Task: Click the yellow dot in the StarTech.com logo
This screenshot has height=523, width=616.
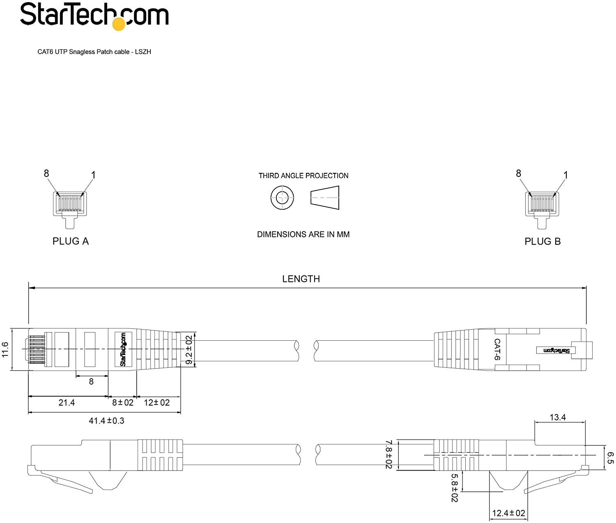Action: pos(119,24)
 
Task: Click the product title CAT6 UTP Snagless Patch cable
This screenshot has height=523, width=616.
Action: pos(83,52)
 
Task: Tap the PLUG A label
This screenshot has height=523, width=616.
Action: pos(71,241)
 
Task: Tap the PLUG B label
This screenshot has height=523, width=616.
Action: pos(542,241)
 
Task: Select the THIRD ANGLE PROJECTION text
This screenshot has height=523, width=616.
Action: pos(303,176)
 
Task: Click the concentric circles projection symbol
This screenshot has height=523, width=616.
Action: pos(282,198)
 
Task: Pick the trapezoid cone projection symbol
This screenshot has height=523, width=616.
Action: pos(325,198)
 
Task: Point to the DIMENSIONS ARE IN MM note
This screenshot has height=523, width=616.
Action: pos(303,234)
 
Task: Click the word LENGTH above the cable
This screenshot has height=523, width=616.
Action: pos(301,279)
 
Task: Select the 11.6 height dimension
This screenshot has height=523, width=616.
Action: pos(5,349)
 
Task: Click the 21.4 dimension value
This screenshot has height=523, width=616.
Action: pos(67,403)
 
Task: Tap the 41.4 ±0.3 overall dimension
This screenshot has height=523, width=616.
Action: pos(106,421)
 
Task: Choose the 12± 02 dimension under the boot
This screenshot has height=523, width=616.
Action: pos(157,403)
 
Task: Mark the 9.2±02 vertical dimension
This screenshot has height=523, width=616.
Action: pos(188,350)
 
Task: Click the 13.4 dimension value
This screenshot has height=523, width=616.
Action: pos(558,417)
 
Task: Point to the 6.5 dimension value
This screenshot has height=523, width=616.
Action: pos(610,458)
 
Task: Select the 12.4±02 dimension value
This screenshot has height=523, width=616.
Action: pos(508,513)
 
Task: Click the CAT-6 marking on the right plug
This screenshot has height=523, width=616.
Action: pos(497,349)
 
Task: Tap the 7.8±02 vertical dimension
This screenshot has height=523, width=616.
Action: pos(388,455)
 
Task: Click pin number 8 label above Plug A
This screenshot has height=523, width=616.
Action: pos(46,173)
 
